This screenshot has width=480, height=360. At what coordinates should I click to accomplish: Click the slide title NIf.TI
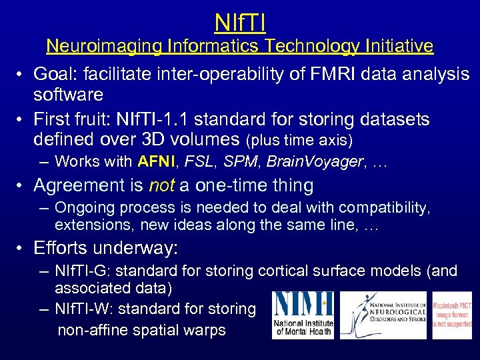coord(240,22)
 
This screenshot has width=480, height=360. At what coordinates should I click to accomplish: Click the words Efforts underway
coord(105,248)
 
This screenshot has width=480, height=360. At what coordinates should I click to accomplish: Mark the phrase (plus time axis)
coord(299,141)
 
